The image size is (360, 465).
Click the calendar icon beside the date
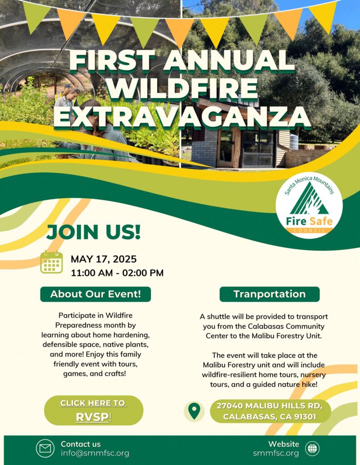coord(51,262)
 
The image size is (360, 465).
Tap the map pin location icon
coord(194,411)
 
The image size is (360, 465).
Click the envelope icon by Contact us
coord(45,448)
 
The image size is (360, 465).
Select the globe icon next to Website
coord(312,448)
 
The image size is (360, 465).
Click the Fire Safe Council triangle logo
coord(309,205)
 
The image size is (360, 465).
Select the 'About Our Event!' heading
coord(95,294)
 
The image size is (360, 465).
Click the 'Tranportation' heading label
coord(270,294)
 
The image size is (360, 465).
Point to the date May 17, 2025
coord(104,259)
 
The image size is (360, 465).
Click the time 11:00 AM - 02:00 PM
coord(117,273)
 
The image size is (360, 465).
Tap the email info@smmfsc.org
coord(95,453)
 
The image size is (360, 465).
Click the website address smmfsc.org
coord(276,453)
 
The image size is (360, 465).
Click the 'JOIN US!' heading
coord(94,232)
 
